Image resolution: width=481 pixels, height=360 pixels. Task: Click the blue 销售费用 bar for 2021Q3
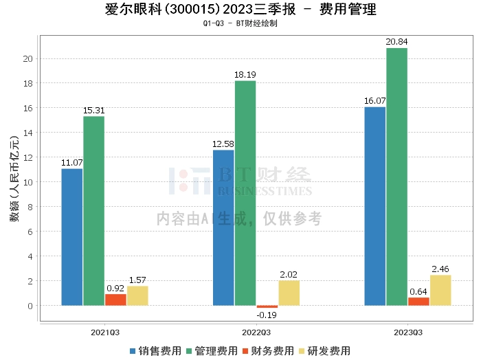(72, 237)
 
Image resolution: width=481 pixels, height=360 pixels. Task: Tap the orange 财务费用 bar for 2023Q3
(418, 301)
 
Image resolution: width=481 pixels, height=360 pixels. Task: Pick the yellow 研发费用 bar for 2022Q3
(289, 293)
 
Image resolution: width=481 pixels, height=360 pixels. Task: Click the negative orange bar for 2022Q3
(267, 306)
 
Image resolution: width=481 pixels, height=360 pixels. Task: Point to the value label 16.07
(374, 100)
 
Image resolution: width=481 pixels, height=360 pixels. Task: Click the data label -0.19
(267, 315)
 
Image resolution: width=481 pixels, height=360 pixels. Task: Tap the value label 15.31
(94, 110)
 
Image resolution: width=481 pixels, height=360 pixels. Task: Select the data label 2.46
(440, 269)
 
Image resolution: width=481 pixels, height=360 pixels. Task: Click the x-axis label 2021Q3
(105, 332)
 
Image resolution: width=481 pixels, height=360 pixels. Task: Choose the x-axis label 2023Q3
(407, 332)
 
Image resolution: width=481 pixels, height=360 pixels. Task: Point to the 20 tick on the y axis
(28, 59)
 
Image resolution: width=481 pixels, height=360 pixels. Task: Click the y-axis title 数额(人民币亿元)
(14, 182)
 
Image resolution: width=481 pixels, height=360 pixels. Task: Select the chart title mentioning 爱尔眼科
(240, 10)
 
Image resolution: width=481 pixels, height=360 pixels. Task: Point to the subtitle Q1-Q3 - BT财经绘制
(240, 23)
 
